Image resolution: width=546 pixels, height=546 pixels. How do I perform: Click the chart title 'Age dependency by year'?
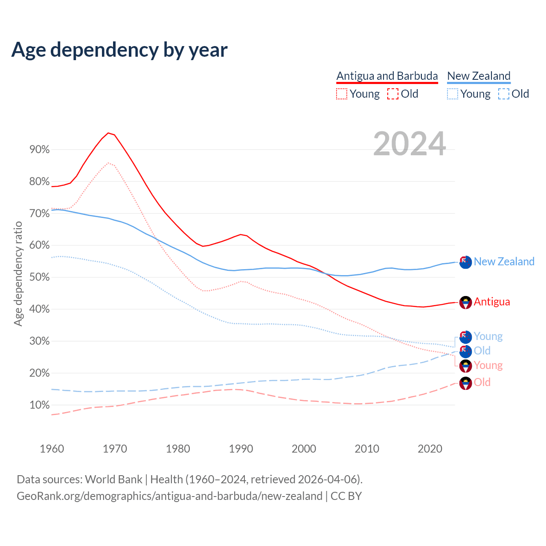click(x=119, y=50)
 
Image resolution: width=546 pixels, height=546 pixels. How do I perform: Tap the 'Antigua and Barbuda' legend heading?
click(x=387, y=76)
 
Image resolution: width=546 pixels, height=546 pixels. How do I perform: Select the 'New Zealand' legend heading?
click(x=479, y=76)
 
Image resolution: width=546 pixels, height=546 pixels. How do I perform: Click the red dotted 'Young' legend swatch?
click(x=342, y=94)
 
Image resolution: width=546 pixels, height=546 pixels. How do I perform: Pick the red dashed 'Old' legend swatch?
click(x=393, y=94)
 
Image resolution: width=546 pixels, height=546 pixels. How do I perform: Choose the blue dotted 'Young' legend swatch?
click(x=453, y=94)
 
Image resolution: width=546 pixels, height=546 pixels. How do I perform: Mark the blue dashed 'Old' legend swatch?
click(x=504, y=94)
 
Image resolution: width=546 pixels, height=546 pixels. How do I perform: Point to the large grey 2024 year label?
click(x=409, y=144)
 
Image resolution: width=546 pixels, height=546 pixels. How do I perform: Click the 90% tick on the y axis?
click(x=40, y=150)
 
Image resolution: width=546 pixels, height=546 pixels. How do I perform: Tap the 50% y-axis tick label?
click(x=40, y=277)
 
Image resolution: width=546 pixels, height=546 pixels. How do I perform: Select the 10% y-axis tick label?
click(x=40, y=405)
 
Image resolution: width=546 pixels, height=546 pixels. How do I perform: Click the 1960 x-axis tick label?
click(x=52, y=449)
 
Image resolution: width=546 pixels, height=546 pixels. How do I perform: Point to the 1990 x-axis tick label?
click(x=241, y=449)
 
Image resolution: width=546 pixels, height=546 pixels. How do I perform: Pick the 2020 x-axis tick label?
click(x=430, y=449)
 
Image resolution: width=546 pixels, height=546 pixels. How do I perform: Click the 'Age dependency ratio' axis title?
click(x=18, y=273)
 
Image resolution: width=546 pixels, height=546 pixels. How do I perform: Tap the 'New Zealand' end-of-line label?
click(x=504, y=261)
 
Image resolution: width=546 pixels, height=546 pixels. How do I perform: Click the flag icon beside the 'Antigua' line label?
click(x=465, y=302)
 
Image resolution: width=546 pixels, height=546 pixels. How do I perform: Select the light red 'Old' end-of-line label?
click(x=482, y=382)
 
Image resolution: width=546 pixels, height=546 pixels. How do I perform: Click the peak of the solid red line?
click(x=108, y=133)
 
